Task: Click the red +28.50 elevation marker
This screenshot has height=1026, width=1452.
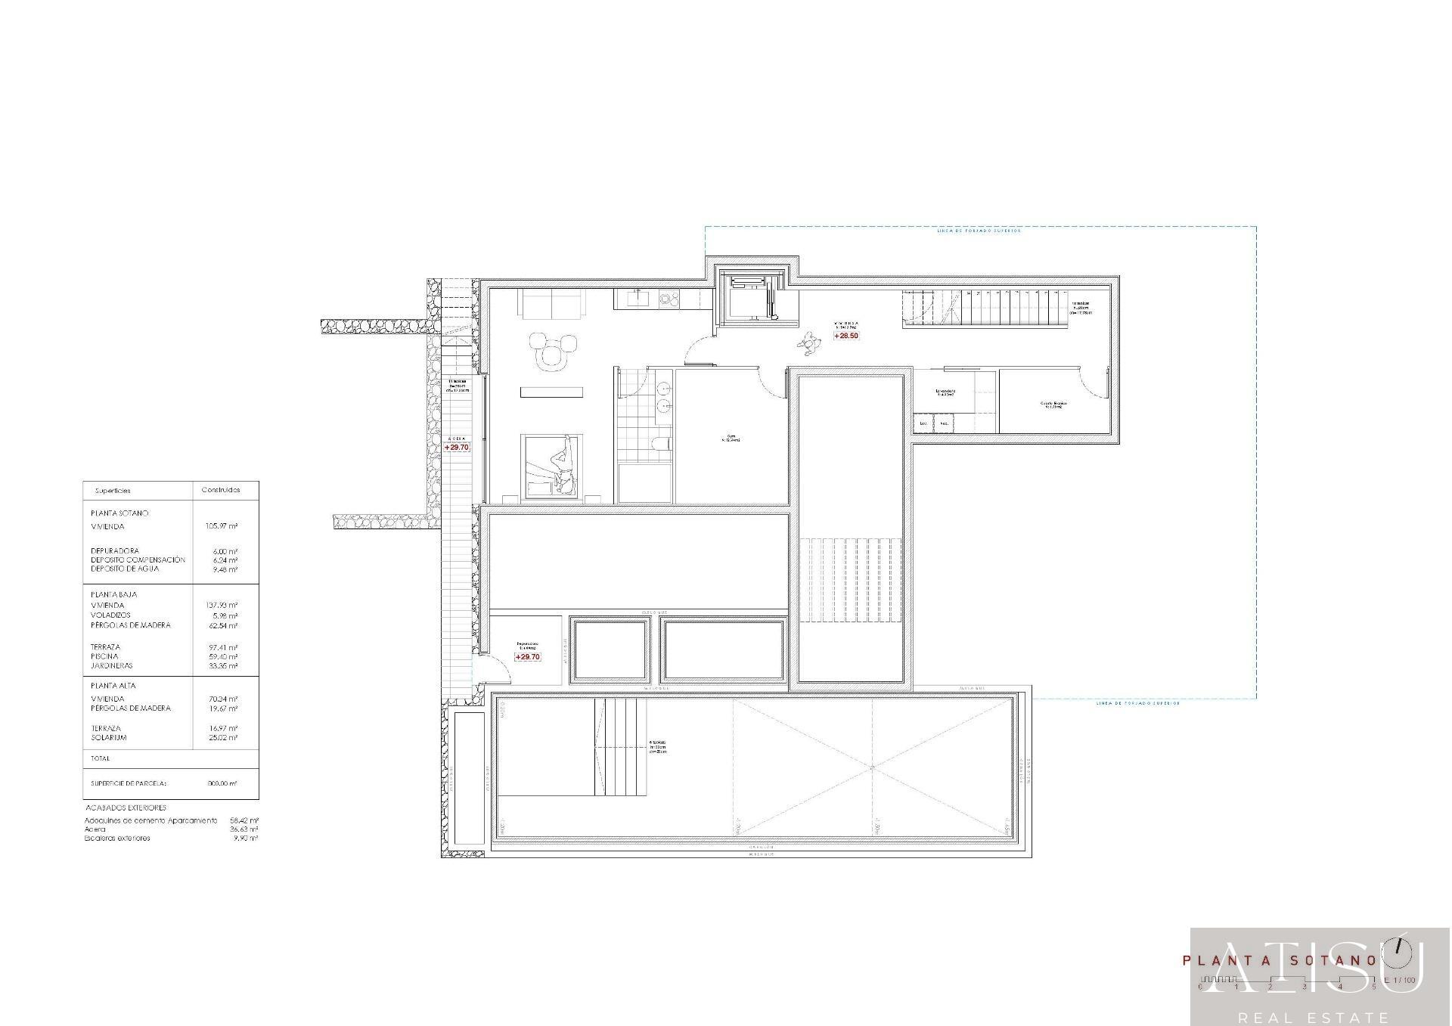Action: (x=846, y=336)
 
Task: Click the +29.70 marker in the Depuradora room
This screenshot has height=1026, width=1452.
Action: (x=527, y=657)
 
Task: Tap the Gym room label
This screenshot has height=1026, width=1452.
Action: (x=731, y=438)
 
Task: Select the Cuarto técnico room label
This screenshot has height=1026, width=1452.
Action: (x=1053, y=405)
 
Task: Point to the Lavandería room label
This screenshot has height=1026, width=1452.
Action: (x=945, y=392)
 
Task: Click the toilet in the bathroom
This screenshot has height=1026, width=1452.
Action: (x=660, y=444)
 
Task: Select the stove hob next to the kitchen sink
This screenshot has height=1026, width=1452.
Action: (x=669, y=299)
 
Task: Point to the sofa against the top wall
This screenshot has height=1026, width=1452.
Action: (x=551, y=304)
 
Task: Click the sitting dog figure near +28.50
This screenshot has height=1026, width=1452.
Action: (x=809, y=345)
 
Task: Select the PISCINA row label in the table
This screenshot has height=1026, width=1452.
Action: (x=104, y=656)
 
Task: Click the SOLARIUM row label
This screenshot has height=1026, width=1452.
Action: (x=109, y=737)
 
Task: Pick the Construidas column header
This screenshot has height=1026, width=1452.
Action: (x=221, y=490)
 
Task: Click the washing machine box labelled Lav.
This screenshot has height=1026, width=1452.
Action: (x=923, y=424)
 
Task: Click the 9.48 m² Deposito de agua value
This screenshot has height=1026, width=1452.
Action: (x=225, y=569)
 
